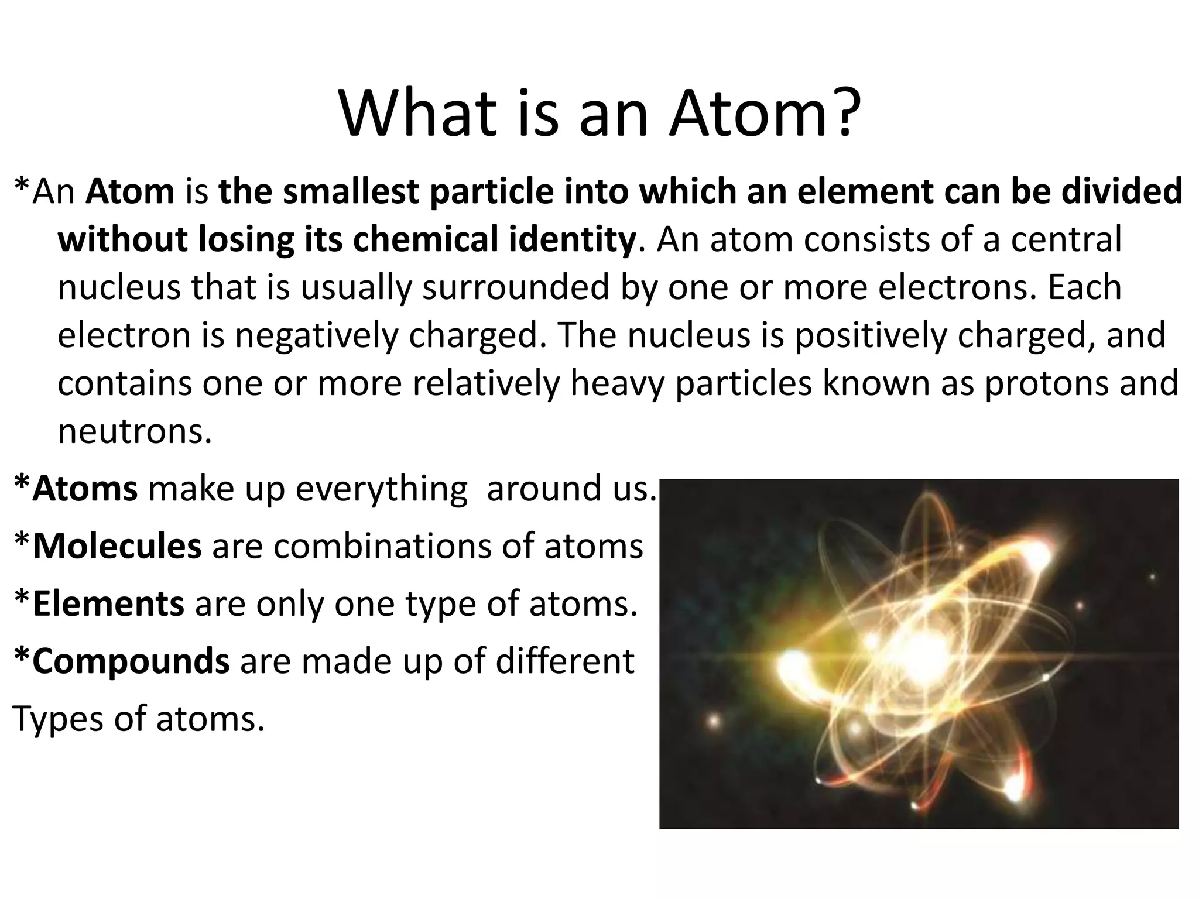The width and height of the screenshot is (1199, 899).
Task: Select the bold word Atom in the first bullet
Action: [x=130, y=191]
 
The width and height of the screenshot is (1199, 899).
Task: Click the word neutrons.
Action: [x=134, y=431]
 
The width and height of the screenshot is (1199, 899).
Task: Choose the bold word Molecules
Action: [x=117, y=546]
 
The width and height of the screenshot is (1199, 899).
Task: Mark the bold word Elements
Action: [x=108, y=603]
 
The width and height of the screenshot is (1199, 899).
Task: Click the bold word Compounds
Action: [x=131, y=661]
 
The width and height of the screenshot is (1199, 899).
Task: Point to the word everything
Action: [x=381, y=489]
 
